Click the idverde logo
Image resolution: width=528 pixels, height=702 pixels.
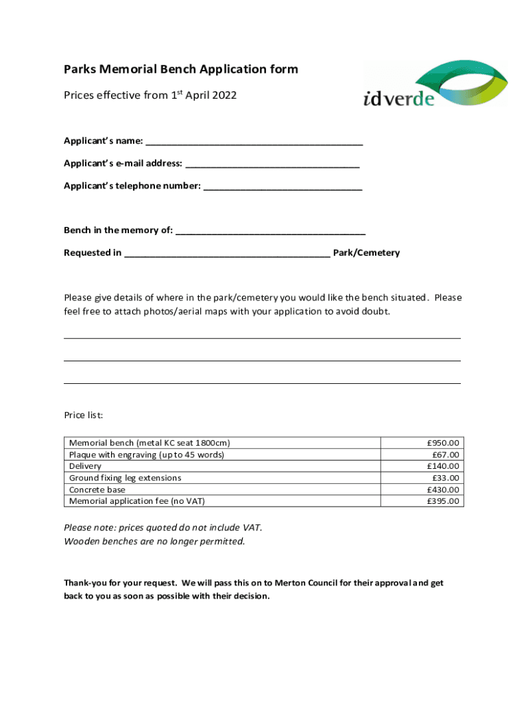(x=435, y=84)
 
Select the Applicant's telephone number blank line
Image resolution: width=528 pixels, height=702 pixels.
(x=283, y=186)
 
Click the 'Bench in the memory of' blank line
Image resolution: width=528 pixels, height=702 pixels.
(x=270, y=231)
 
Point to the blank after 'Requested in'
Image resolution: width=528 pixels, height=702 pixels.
(x=227, y=254)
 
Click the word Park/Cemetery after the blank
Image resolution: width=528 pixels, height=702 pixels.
(x=366, y=253)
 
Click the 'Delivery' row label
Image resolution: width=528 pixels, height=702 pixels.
(x=86, y=466)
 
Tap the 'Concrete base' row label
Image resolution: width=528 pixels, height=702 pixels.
(x=97, y=489)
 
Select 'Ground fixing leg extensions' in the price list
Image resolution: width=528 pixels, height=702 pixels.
(x=125, y=478)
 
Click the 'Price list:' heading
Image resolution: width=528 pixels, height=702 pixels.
(x=84, y=415)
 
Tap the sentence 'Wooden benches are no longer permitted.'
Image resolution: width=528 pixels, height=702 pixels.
(x=154, y=542)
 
